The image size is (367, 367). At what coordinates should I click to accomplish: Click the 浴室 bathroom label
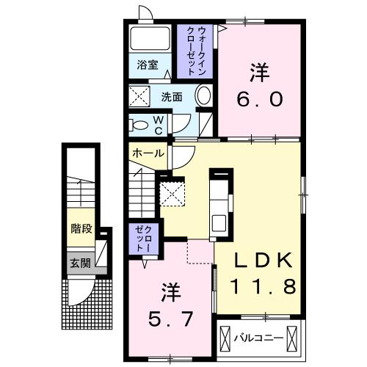(x=148, y=65)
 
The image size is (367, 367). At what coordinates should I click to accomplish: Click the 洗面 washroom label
(x=172, y=96)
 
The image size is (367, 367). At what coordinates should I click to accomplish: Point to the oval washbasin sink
(x=204, y=95)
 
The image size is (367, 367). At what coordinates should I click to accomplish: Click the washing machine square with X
(x=139, y=95)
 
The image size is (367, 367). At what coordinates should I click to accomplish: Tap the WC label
(x=157, y=124)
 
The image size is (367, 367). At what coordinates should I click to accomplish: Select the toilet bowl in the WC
(x=137, y=124)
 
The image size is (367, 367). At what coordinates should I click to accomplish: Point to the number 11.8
(x=264, y=285)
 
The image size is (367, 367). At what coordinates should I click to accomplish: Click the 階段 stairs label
(x=81, y=228)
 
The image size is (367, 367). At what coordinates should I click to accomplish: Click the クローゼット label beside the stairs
(x=141, y=239)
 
